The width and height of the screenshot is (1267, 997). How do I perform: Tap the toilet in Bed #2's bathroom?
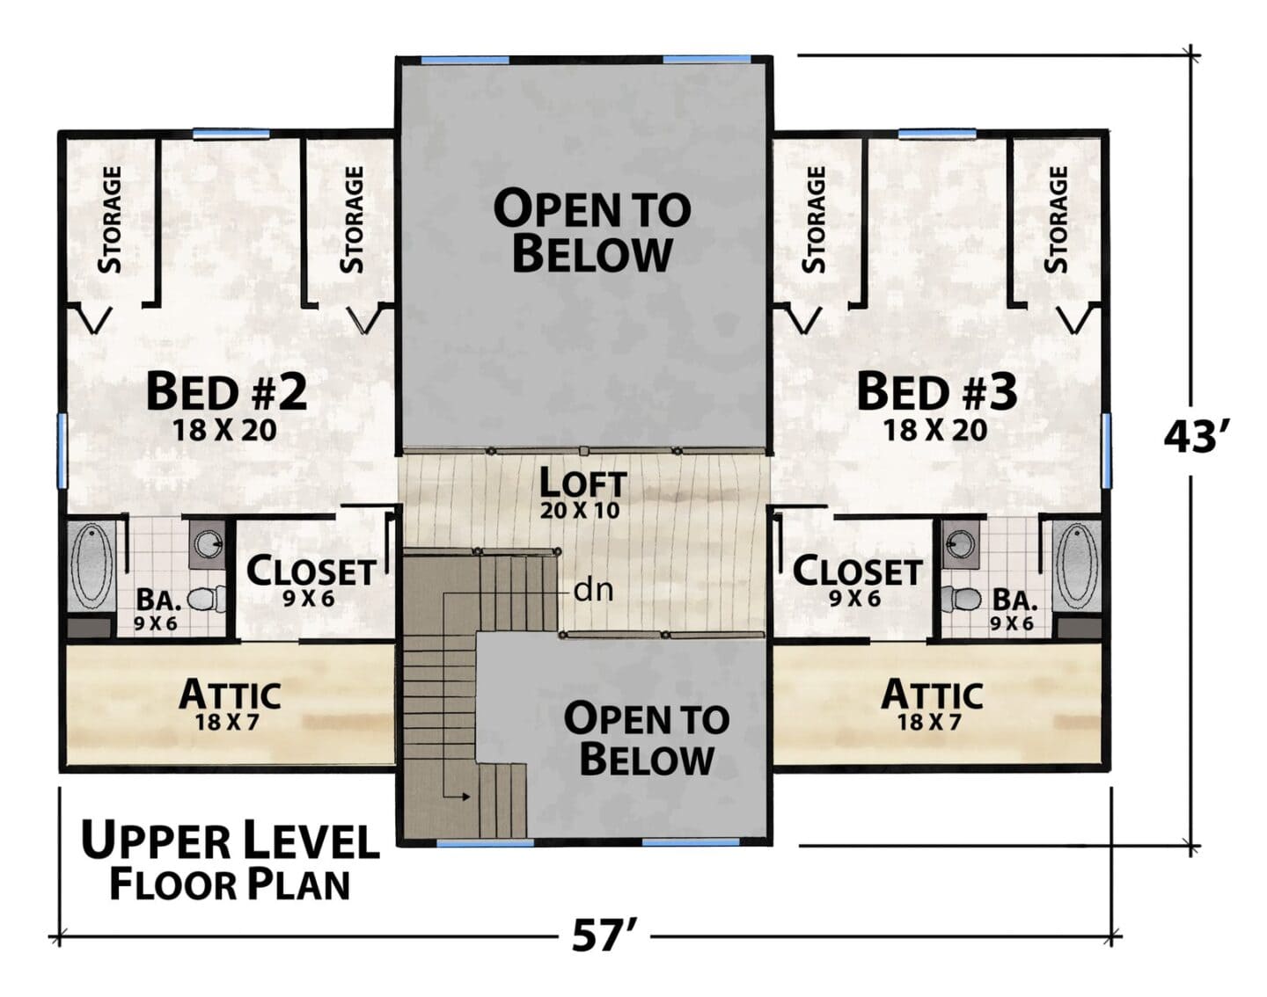(206, 599)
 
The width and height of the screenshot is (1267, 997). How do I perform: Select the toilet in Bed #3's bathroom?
(961, 599)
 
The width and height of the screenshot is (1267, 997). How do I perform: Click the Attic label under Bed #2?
(231, 695)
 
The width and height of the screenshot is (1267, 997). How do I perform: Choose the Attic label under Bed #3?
(932, 695)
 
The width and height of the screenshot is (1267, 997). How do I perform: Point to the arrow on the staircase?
(458, 797)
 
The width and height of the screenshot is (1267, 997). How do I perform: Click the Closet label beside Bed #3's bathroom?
(857, 571)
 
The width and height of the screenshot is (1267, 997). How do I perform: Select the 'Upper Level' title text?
(231, 840)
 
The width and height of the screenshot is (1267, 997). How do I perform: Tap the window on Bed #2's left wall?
(62, 450)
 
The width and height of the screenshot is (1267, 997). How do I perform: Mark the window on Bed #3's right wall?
(1107, 450)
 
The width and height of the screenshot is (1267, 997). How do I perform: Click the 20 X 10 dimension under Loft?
(580, 510)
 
